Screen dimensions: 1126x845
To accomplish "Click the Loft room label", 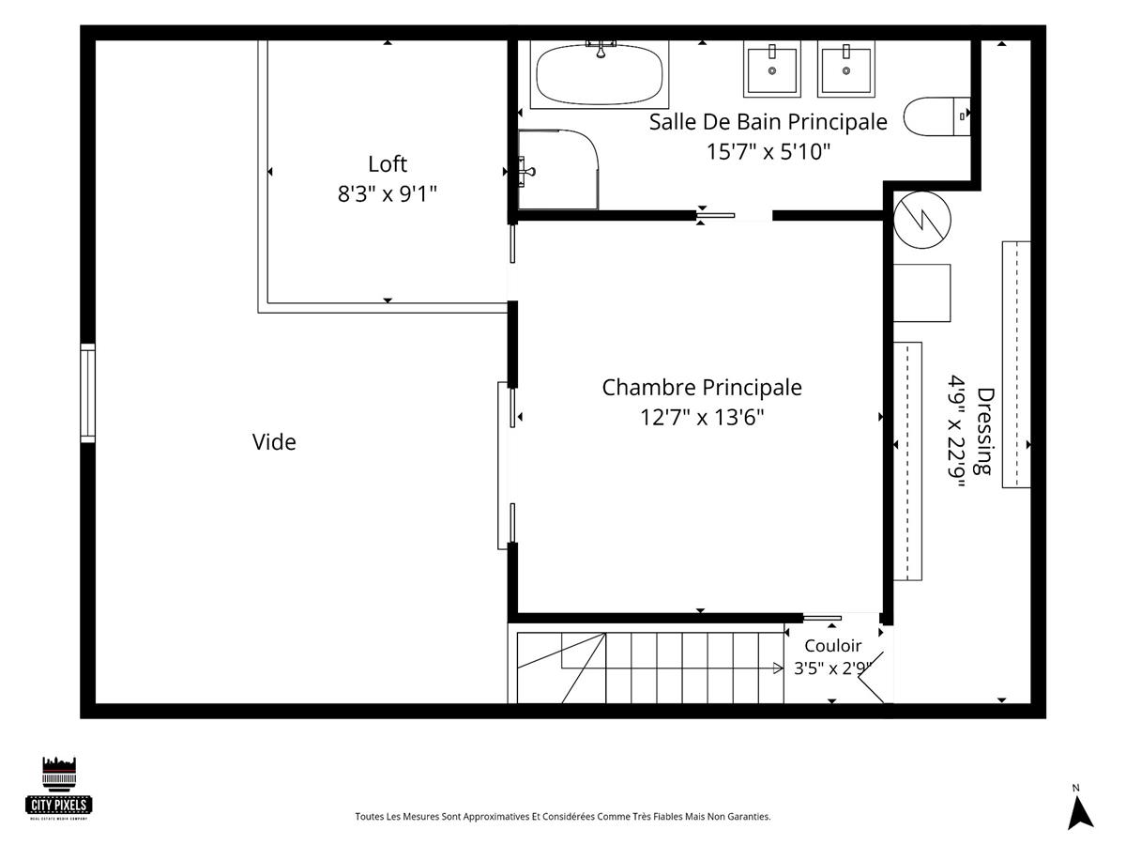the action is click(388, 164).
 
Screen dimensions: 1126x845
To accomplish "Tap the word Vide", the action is click(274, 441).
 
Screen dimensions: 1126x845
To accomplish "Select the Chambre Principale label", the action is click(701, 388).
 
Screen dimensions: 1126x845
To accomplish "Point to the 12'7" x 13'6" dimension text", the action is click(701, 417).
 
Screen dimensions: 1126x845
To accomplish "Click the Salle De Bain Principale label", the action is click(768, 122).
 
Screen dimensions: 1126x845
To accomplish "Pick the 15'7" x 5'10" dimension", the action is click(768, 151).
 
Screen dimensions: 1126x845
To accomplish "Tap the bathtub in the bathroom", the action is click(600, 75).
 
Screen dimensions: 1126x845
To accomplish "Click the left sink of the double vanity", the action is click(772, 69).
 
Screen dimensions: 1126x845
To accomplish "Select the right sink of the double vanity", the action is click(846, 69).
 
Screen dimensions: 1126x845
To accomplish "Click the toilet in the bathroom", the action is click(936, 116).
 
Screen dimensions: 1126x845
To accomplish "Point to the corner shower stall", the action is click(558, 170).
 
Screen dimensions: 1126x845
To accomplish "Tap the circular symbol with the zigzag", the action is click(921, 220).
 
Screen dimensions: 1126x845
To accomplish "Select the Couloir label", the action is click(832, 645).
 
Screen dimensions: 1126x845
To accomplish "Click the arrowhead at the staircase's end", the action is click(778, 668).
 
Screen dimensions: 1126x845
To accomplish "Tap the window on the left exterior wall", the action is click(87, 393).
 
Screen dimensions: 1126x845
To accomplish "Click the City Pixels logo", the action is click(59, 789).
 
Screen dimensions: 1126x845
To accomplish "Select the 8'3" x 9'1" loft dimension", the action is click(388, 194).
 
